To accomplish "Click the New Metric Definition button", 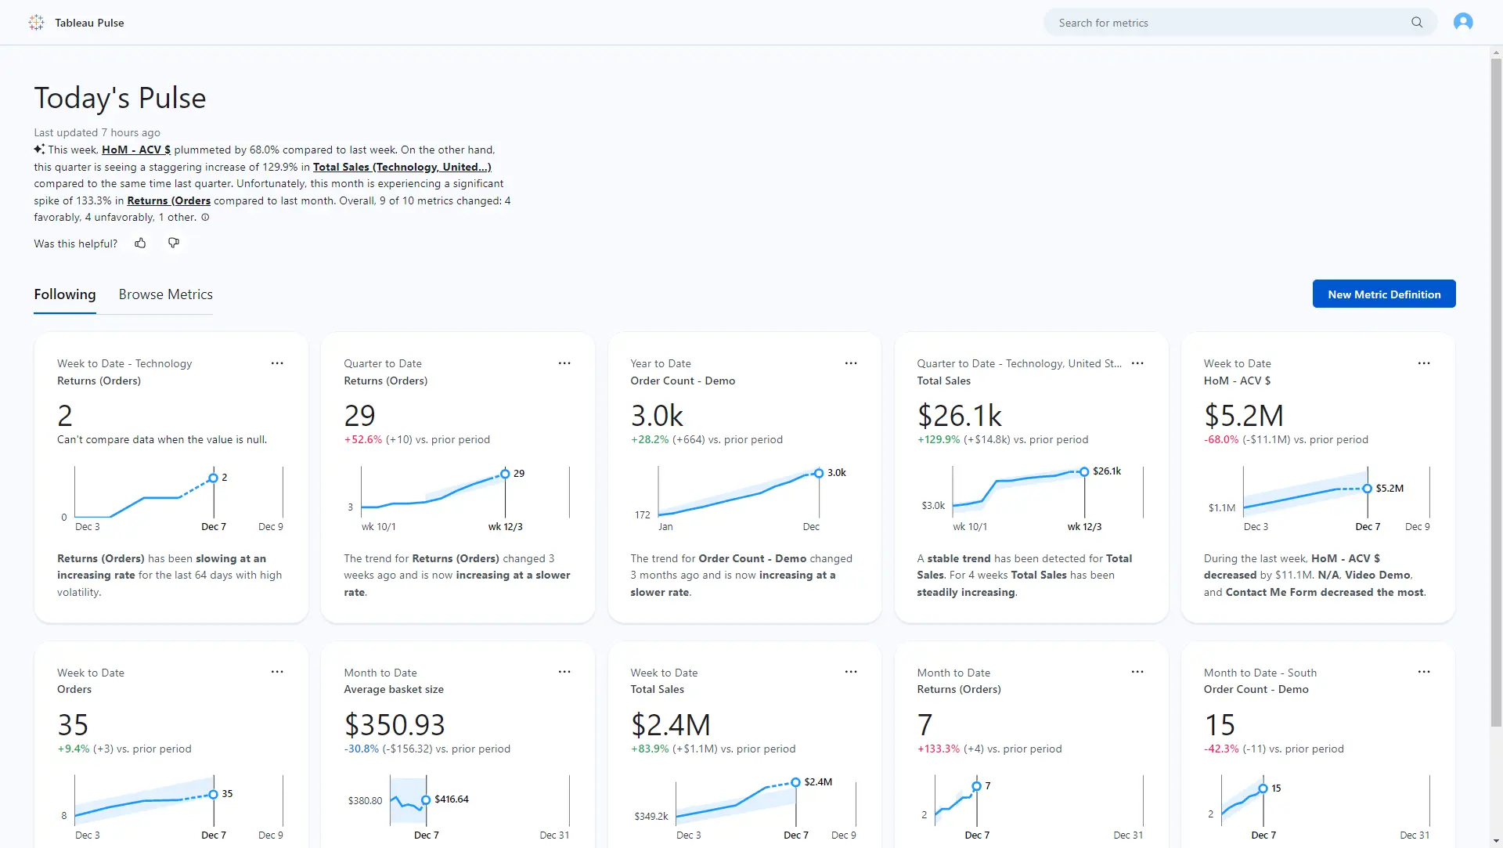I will coord(1383,294).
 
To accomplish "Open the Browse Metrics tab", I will coord(165,294).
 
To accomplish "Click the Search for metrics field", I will coord(1229,23).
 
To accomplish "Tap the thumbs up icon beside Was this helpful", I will coord(140,244).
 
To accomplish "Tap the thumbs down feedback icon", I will coord(174,244).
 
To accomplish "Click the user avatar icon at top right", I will coord(1462,22).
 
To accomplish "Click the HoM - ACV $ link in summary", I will coord(135,150).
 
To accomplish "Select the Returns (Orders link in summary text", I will coord(168,200).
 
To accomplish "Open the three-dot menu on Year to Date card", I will coord(850,363).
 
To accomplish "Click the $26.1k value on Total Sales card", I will coord(959,415).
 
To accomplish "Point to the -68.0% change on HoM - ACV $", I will coord(1220,439).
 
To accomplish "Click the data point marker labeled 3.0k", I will coord(818,473).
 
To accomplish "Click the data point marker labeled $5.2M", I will coord(1367,489).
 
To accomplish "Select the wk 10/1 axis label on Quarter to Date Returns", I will coord(378,527).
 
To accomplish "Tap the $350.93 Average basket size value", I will coord(394,724).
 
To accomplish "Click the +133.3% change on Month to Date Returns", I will coord(938,749).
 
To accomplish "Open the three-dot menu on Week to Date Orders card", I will coord(277,672).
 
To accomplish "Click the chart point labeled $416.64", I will coord(426,799).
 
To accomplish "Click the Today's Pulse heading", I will coord(120,98).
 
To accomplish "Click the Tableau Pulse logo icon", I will coord(36,23).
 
